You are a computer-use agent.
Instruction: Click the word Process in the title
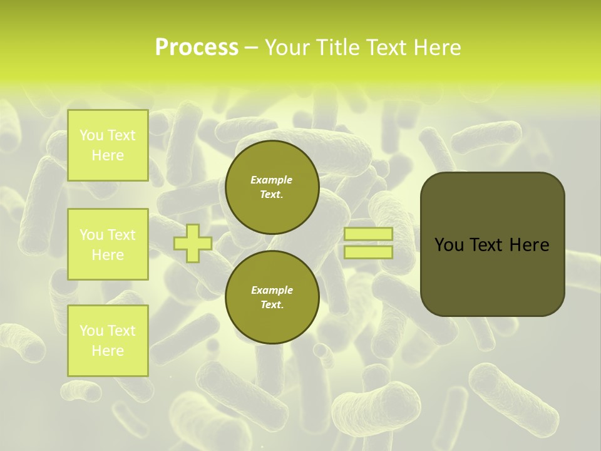(197, 48)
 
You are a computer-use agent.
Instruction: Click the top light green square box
(108, 145)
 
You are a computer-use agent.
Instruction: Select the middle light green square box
(108, 244)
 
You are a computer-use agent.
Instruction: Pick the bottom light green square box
(108, 341)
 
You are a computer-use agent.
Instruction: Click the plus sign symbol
(193, 243)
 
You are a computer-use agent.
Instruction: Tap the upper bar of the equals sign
(368, 234)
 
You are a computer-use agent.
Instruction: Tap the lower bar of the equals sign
(368, 252)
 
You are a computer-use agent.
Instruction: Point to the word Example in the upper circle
(272, 180)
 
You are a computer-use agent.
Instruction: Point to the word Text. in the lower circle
(272, 304)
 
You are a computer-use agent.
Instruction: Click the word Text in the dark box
(486, 245)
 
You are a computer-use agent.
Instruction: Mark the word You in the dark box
(449, 245)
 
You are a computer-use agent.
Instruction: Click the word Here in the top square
(108, 155)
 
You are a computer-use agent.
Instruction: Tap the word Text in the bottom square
(121, 331)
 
